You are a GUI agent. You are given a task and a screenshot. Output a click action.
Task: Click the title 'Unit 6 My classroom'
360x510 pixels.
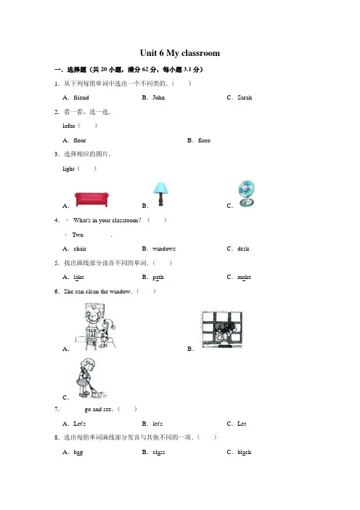coord(180,53)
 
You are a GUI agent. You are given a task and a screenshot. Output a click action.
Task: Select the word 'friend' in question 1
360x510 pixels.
coord(81,97)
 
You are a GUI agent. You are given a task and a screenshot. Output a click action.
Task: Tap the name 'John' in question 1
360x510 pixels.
coord(158,97)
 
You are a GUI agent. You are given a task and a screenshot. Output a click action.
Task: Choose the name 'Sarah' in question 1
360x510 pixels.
coord(245,97)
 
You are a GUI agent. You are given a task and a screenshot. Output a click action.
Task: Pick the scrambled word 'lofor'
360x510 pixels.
coord(68,126)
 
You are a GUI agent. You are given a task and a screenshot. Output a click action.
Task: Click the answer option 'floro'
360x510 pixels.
coord(204,140)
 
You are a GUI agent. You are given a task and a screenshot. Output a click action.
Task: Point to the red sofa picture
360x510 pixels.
coord(91,199)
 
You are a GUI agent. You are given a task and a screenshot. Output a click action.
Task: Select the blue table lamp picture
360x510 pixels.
coord(160,194)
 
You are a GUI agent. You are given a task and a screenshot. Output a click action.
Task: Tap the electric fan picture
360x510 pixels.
coord(247,194)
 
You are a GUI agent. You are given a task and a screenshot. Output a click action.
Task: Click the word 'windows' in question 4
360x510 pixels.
coord(164,248)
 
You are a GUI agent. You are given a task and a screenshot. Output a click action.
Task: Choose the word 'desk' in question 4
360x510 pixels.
coord(243,248)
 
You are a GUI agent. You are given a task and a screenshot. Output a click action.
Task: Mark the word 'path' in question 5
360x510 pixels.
coord(158,278)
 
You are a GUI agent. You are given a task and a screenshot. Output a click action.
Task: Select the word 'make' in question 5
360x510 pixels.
coord(244,277)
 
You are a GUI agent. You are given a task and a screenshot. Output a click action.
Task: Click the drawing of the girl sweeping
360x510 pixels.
coord(91,379)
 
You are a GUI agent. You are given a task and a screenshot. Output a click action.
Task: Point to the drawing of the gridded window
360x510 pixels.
coord(222,329)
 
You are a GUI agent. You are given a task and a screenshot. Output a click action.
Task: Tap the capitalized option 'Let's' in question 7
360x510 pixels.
coord(80,424)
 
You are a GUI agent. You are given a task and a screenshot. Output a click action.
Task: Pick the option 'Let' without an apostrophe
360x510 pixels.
coord(242,424)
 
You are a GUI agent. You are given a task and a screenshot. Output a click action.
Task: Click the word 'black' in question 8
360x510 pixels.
coord(245,452)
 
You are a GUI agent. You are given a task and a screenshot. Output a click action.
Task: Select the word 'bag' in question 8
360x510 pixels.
coord(78,453)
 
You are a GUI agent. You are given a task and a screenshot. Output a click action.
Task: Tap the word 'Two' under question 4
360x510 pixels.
coord(78,235)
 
